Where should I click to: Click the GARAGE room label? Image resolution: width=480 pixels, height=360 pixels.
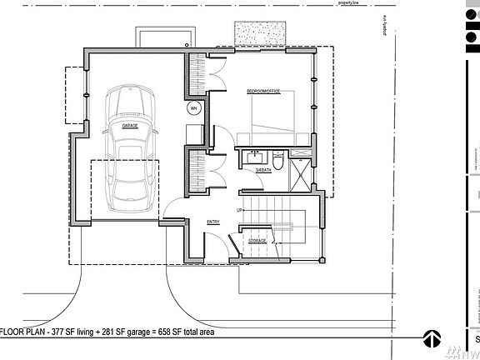tap(129, 126)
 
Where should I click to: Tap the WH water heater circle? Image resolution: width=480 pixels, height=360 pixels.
tap(193, 108)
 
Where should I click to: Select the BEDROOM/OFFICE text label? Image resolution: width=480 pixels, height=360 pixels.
tap(262, 90)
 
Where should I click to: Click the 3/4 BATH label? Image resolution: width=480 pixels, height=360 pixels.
tap(263, 170)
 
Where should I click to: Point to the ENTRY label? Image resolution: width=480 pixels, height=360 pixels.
tap(212, 222)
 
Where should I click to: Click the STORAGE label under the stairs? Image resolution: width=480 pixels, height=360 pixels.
tap(257, 241)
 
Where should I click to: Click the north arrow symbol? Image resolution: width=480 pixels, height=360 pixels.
tap(431, 338)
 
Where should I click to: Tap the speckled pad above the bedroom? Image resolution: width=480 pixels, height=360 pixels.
tap(261, 33)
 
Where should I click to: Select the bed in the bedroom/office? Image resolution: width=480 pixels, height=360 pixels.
tap(270, 117)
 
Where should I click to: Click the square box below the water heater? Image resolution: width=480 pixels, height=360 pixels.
tap(193, 134)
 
